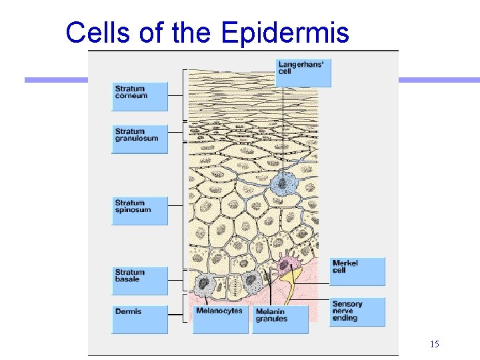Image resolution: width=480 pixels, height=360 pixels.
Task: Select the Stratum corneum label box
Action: point(139,97)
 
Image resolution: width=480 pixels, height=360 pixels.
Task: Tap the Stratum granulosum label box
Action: point(139,139)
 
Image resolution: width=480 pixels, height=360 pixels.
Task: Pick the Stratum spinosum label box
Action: point(139,210)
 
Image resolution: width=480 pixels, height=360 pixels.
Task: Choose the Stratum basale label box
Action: point(139,281)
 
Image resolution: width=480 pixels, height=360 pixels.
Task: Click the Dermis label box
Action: point(139,319)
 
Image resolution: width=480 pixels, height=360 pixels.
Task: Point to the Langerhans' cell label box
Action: point(303,73)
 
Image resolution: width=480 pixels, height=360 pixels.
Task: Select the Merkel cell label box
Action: point(357,271)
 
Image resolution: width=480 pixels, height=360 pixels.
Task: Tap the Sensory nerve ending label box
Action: point(357,311)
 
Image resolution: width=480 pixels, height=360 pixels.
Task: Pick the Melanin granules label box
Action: point(281,319)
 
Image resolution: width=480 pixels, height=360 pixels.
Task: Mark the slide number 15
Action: point(434,344)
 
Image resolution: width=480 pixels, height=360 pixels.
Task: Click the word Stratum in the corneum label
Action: point(129,89)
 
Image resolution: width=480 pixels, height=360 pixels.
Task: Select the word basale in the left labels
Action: point(127,279)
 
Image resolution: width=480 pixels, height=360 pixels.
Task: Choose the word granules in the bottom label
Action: point(271,319)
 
